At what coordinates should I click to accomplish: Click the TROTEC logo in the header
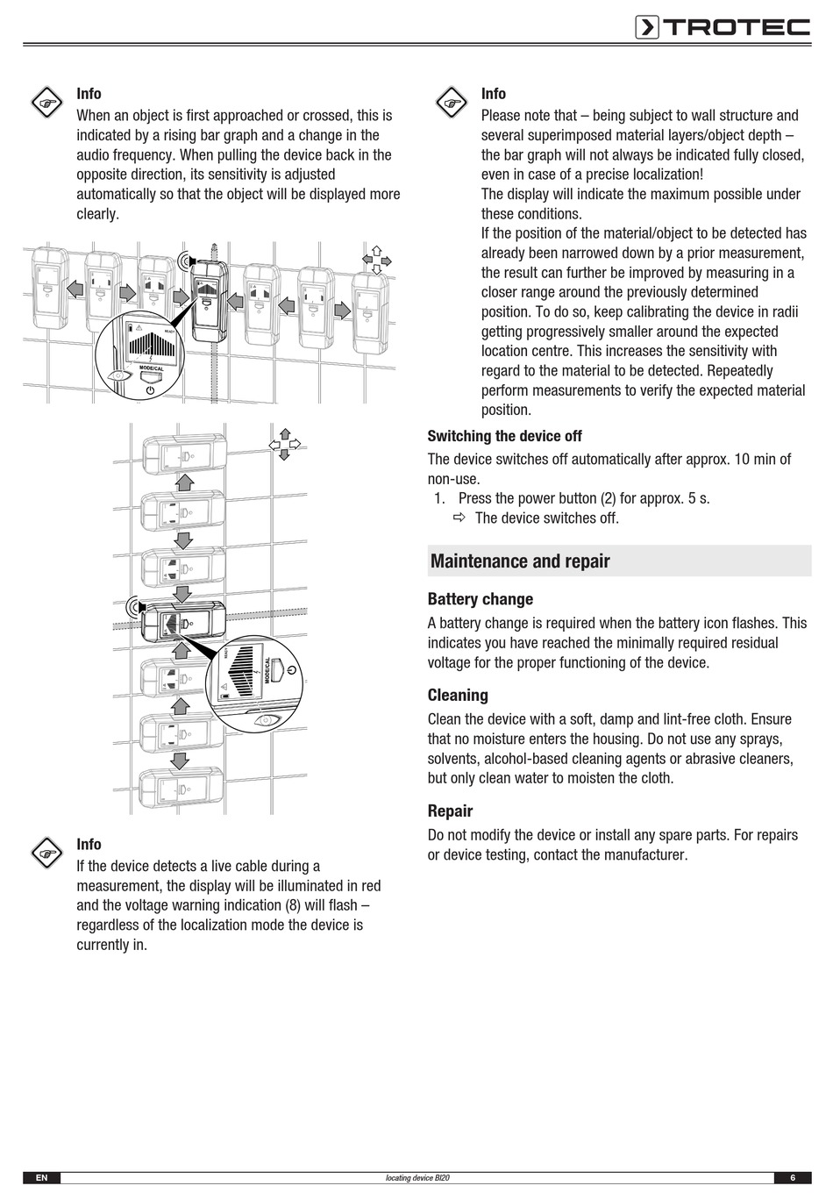pyautogui.click(x=723, y=27)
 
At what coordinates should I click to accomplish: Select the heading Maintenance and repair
pyautogui.click(x=520, y=561)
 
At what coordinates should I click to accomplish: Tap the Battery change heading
pyautogui.click(x=480, y=599)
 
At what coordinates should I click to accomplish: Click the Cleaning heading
pyautogui.click(x=458, y=695)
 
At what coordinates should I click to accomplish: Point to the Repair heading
pyautogui.click(x=450, y=811)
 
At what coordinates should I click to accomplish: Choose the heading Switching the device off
pyautogui.click(x=504, y=436)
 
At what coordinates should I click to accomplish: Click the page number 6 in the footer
pyautogui.click(x=792, y=1177)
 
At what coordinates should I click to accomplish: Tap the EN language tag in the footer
pyautogui.click(x=41, y=1177)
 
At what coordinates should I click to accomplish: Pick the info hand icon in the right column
pyautogui.click(x=451, y=104)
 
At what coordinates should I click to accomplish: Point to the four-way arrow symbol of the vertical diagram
pyautogui.click(x=285, y=444)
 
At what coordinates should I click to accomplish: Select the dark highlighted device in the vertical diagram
pyautogui.click(x=182, y=623)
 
